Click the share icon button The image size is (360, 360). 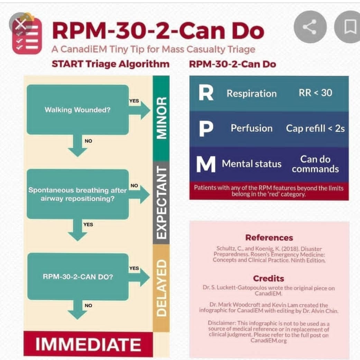(x=310, y=27)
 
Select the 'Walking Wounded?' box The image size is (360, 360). (x=78, y=110)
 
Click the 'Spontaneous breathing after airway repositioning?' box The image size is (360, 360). (x=78, y=194)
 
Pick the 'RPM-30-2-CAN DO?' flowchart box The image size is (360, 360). (x=78, y=276)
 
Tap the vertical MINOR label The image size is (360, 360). (x=161, y=118)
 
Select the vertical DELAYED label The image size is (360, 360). (x=161, y=288)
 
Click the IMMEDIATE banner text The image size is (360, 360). (x=88, y=344)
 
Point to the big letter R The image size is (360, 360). (x=206, y=93)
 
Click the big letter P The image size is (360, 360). (x=206, y=129)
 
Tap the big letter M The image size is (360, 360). (x=206, y=164)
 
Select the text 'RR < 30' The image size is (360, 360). (x=315, y=93)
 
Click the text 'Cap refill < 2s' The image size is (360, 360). (x=315, y=128)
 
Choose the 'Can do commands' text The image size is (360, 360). (x=315, y=164)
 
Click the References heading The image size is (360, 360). (x=269, y=237)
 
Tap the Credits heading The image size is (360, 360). (x=268, y=278)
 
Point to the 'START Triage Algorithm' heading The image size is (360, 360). (x=111, y=64)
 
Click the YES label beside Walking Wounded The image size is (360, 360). (x=134, y=101)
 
